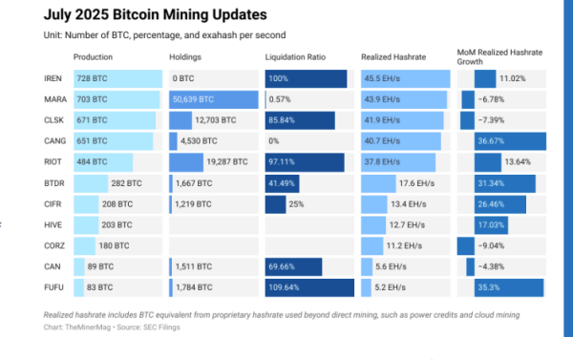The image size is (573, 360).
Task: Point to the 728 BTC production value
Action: (x=94, y=78)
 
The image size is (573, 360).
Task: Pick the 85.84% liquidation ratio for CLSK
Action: (x=284, y=120)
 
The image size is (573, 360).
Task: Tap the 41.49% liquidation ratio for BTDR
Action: (x=284, y=182)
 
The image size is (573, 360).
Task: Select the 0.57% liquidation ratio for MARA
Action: (x=281, y=99)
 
